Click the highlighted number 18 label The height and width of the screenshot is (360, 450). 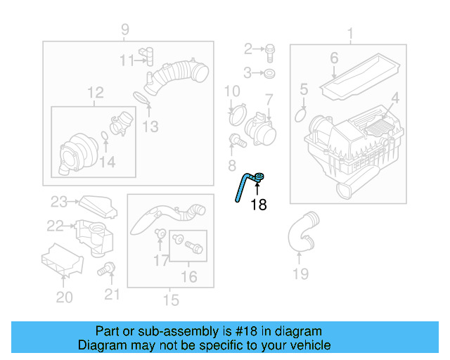tap(259, 205)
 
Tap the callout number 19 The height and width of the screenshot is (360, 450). tap(300, 274)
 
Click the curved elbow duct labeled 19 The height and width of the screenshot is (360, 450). tap(300, 232)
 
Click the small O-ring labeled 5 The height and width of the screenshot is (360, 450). tap(301, 113)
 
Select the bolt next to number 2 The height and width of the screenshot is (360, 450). tap(270, 49)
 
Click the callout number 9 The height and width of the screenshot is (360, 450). tap(125, 30)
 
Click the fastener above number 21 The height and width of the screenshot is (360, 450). tap(108, 267)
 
